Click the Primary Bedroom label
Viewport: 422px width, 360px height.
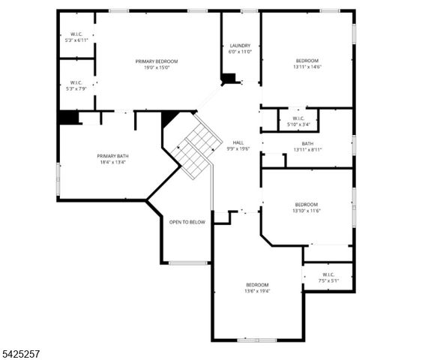[157, 61]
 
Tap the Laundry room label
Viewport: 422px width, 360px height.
[240, 46]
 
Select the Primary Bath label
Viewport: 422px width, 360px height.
[110, 156]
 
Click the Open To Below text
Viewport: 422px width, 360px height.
[187, 222]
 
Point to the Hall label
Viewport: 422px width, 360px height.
[238, 142]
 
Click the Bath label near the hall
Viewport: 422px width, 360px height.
[308, 143]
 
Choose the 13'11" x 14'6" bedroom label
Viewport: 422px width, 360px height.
[307, 61]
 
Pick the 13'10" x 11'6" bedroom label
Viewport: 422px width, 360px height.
[306, 205]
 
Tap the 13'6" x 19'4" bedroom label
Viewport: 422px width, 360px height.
[258, 285]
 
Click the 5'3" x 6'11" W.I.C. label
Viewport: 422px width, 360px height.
[76, 34]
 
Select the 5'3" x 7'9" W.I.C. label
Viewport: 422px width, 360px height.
[76, 82]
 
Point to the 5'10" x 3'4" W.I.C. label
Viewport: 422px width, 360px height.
[298, 118]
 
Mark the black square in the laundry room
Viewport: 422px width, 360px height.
[229, 78]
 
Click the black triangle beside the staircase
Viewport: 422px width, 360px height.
[169, 118]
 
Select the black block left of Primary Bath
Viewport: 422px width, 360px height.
[69, 118]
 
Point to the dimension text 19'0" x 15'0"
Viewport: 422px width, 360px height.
[157, 67]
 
